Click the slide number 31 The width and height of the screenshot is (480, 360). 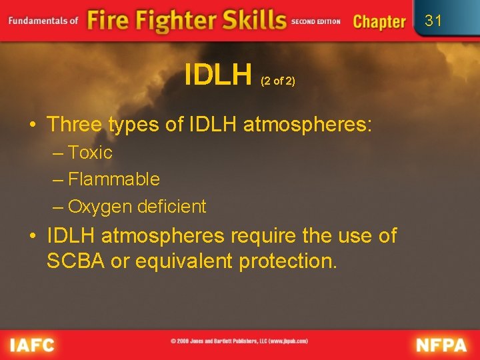(x=433, y=21)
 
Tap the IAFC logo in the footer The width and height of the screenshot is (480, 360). (x=32, y=345)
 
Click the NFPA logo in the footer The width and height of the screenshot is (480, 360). (x=441, y=345)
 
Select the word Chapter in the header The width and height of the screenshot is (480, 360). (x=379, y=21)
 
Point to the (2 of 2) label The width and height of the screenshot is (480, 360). (x=278, y=81)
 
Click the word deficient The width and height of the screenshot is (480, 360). (x=172, y=207)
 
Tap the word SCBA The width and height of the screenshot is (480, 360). (x=75, y=261)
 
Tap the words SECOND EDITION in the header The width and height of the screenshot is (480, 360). (x=316, y=21)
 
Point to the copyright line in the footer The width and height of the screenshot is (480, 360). (x=239, y=341)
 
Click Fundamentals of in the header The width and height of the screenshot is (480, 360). (x=43, y=21)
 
